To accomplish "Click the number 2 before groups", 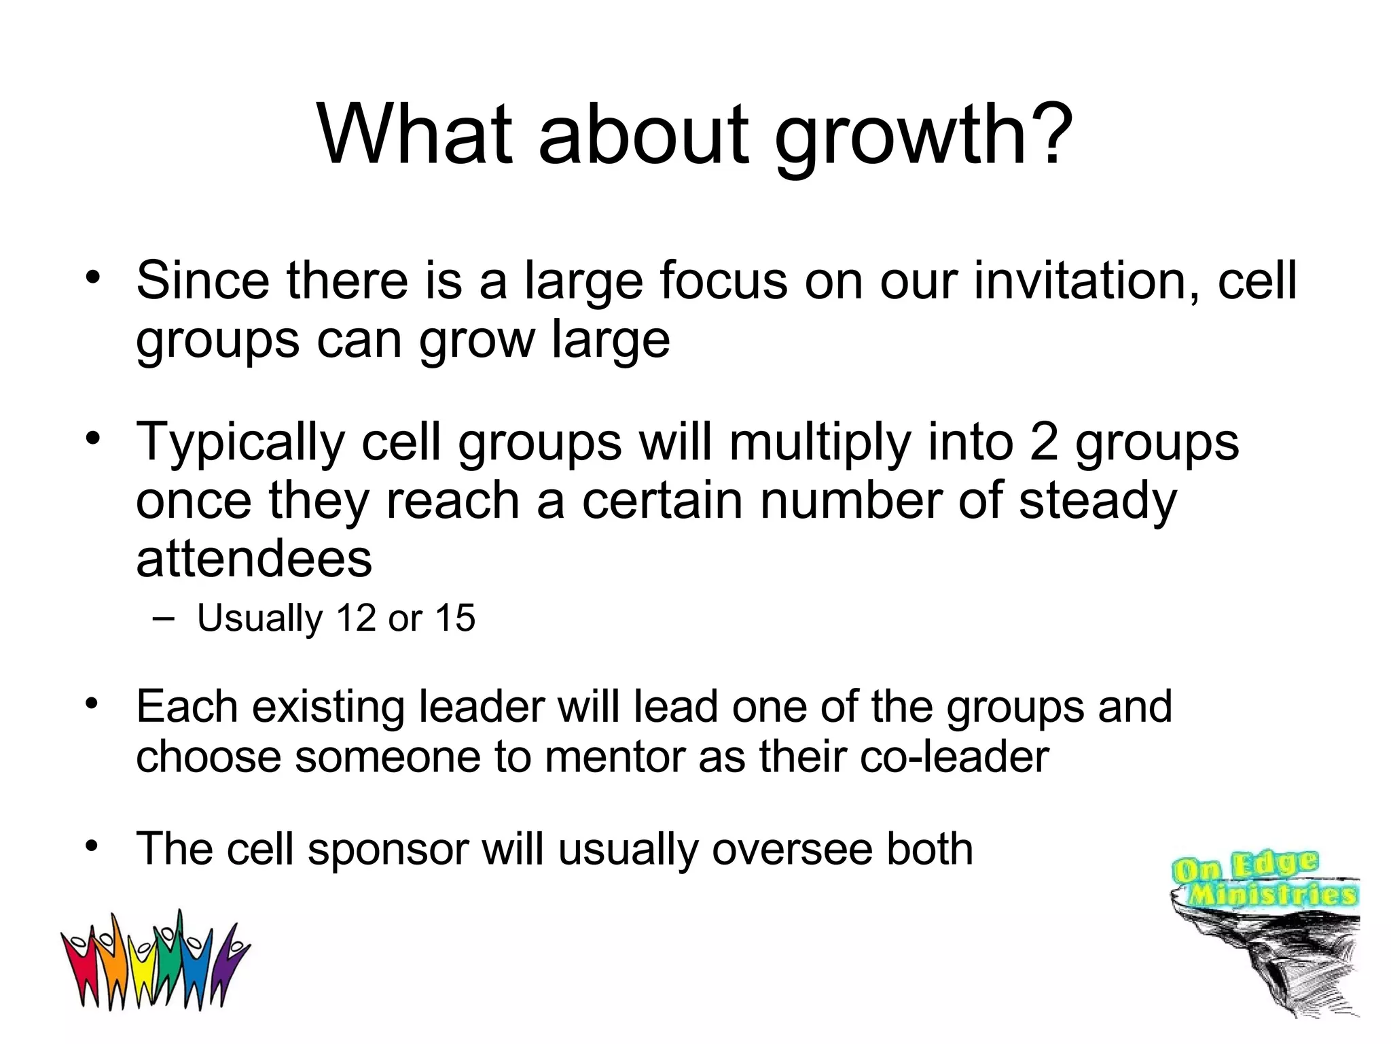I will coord(1044,442).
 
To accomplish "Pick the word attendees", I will coord(254,559).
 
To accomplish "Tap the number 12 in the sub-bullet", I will coord(356,618).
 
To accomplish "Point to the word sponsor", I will coord(388,850).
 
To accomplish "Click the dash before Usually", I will coord(163,618).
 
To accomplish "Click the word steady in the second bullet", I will coord(1098,501).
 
